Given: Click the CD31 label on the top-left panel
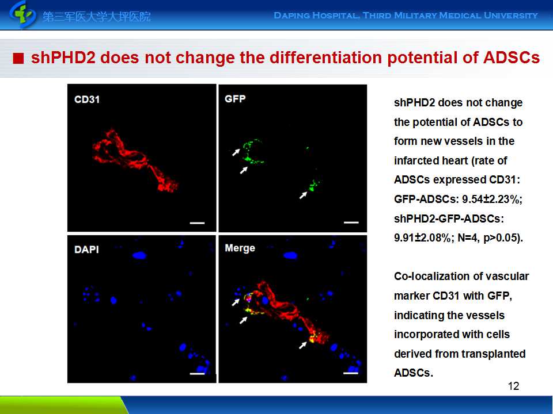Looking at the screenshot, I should (87, 99).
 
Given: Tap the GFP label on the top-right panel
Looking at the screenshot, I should (235, 99).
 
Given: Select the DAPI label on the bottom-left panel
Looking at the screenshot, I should (86, 249).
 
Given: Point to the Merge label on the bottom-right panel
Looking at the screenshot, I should (240, 248).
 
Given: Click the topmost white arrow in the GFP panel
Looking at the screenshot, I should (236, 152).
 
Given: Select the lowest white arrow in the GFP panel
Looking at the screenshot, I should (303, 194).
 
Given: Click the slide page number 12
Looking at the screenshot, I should (514, 386).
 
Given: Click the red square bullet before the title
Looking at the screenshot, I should (18, 59).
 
